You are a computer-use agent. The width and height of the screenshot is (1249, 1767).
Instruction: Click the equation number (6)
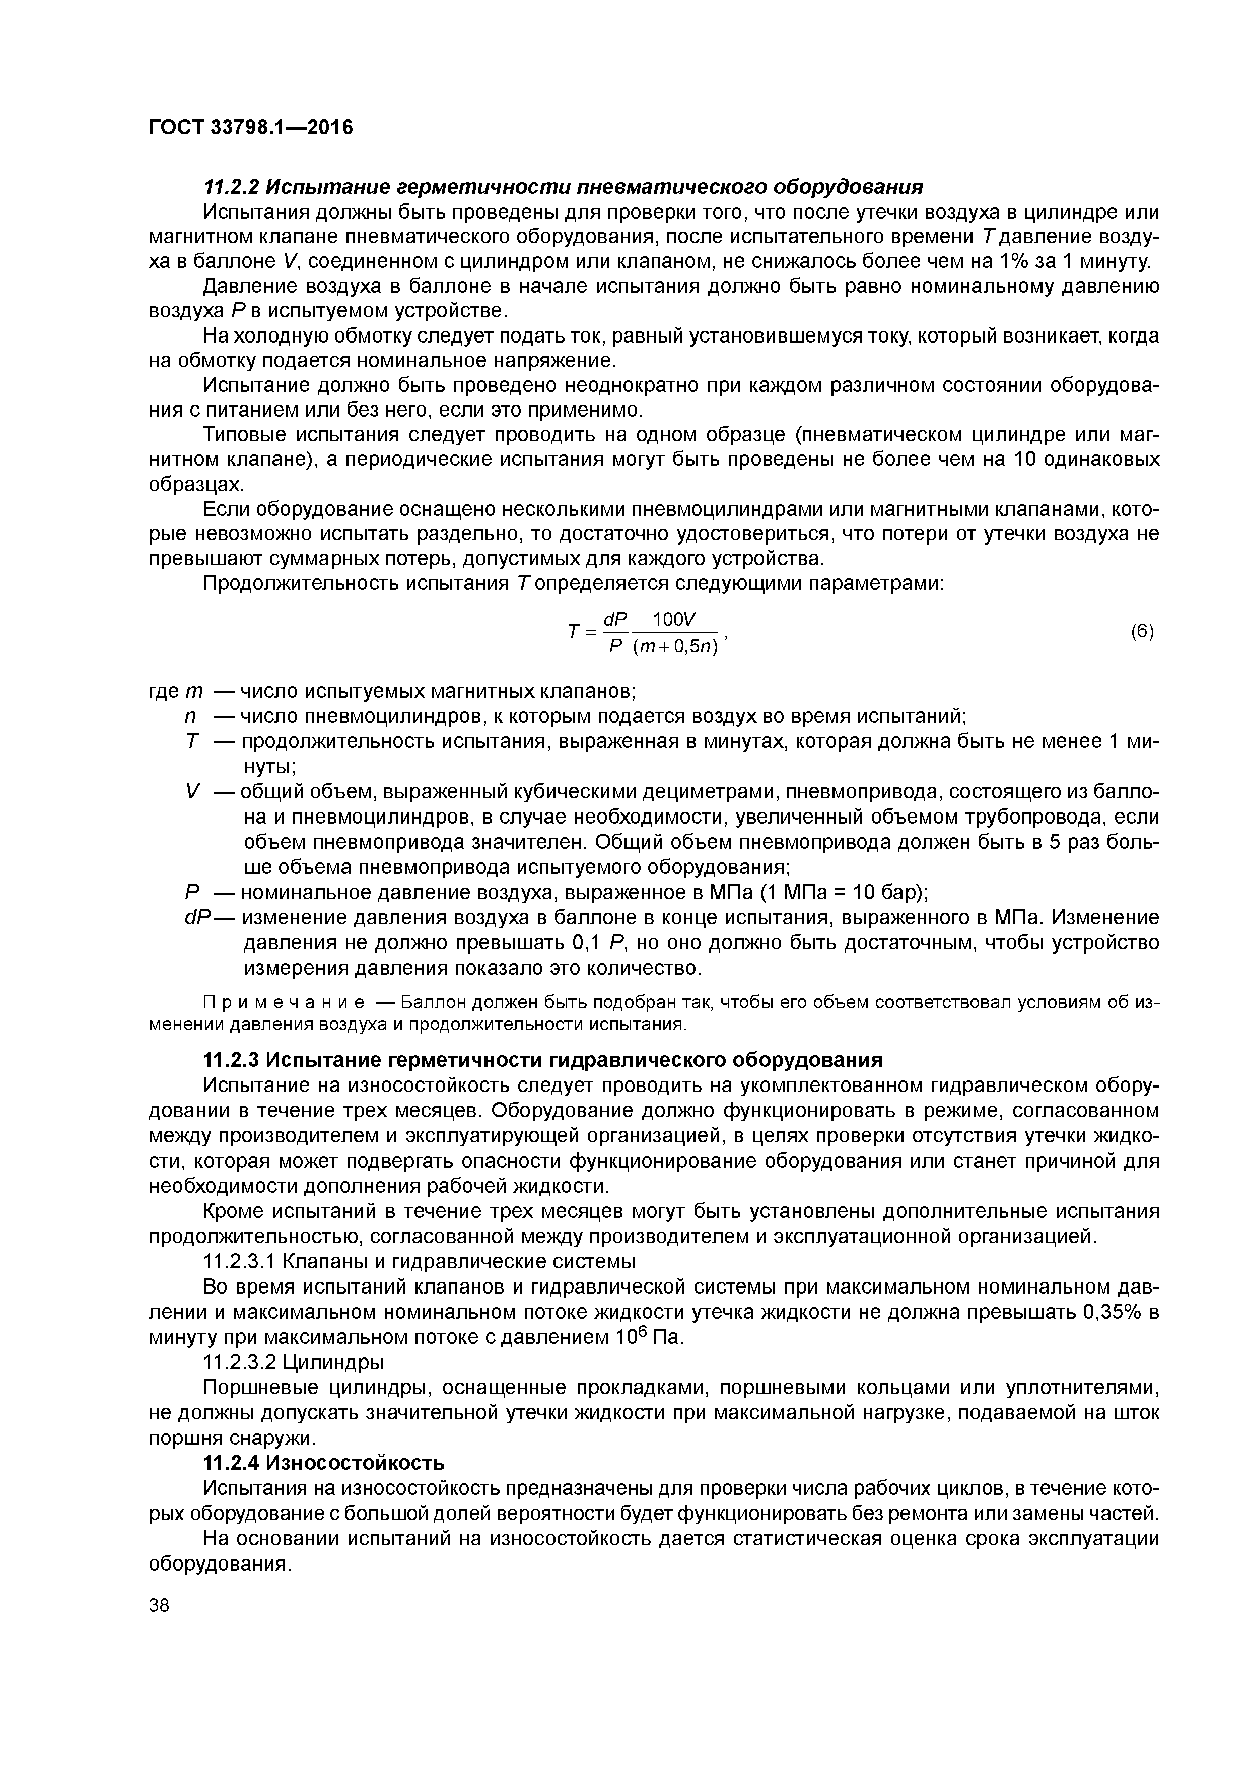1142,632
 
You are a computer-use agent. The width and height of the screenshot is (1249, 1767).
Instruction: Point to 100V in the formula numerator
673,618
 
